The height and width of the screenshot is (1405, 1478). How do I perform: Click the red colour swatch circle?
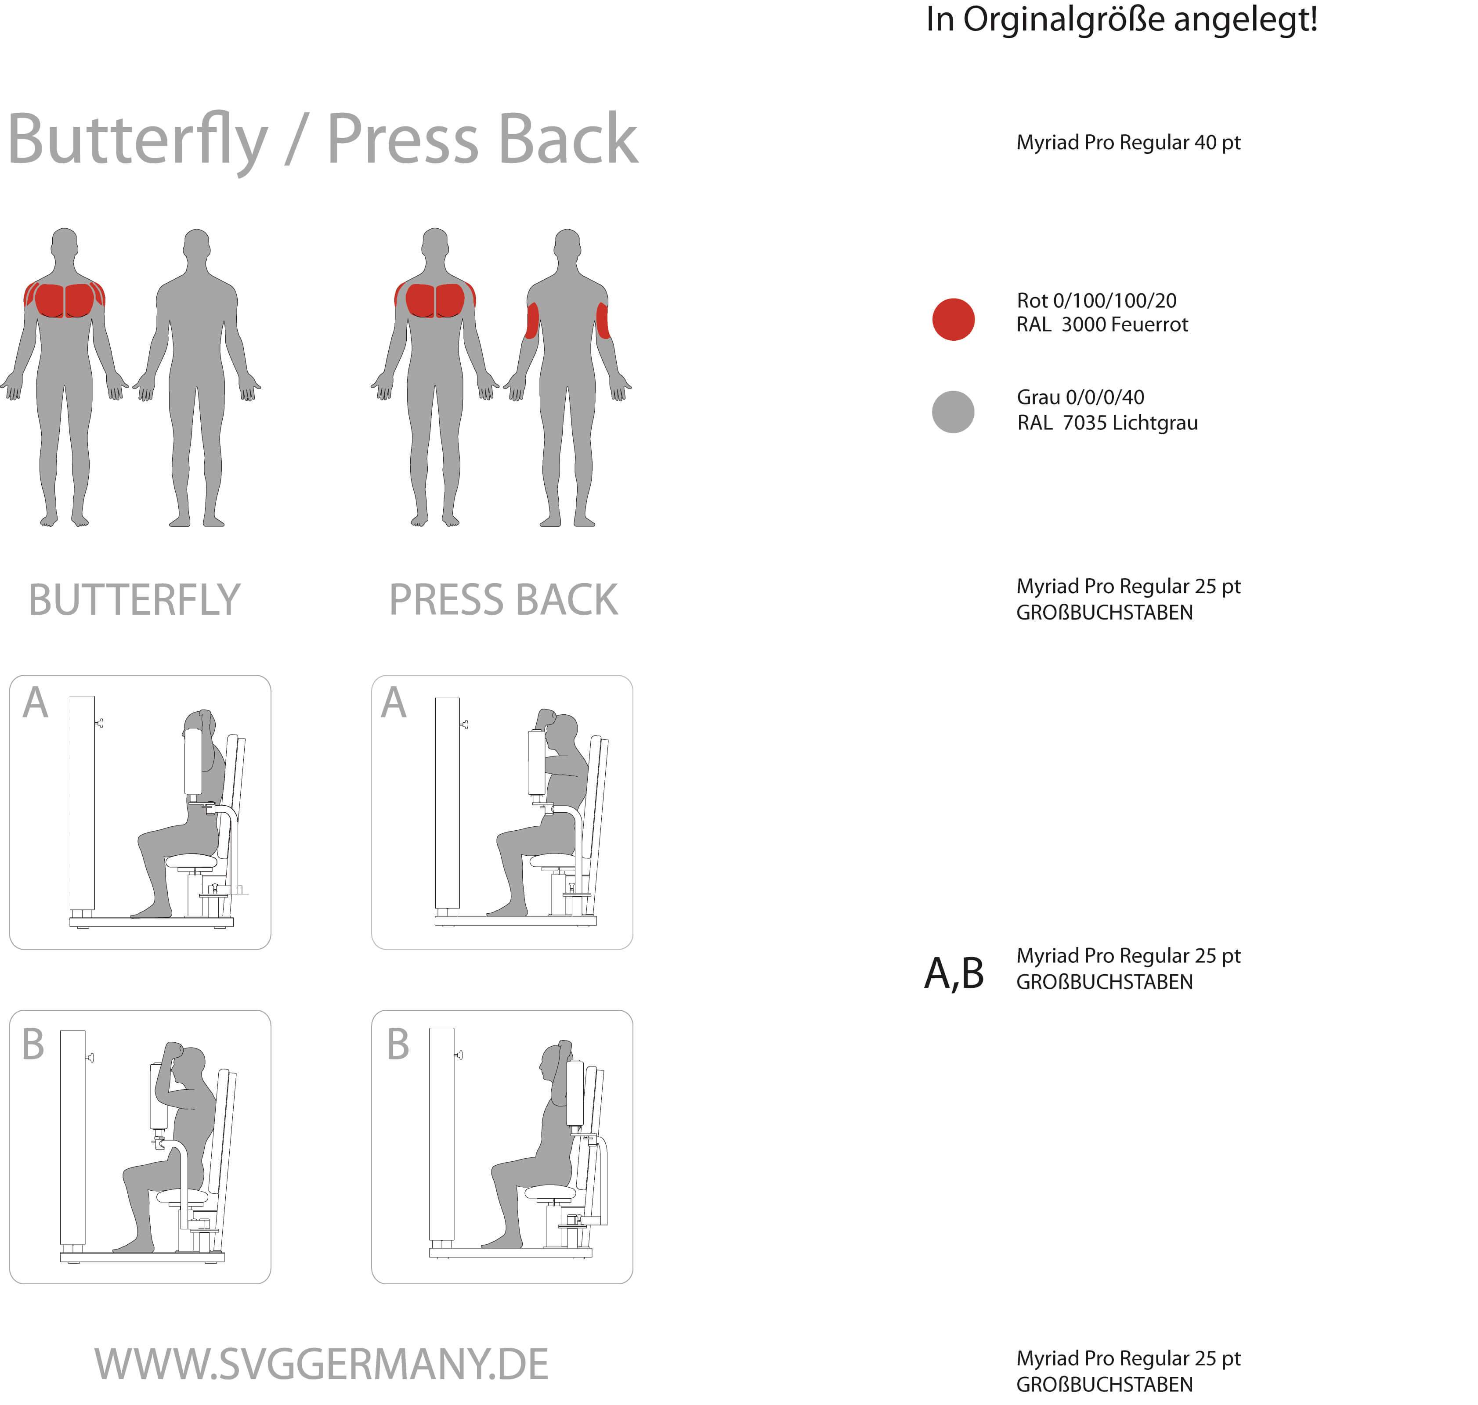click(953, 320)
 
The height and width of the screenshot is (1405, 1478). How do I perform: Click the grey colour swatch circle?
click(953, 412)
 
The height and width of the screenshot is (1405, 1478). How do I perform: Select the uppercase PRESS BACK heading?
click(502, 600)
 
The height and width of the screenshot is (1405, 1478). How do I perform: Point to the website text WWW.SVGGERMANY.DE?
click(321, 1365)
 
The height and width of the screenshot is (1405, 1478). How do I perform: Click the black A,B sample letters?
click(954, 973)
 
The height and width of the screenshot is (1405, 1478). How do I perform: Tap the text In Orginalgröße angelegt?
click(1121, 19)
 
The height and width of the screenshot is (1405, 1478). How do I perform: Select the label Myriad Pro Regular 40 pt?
click(1128, 142)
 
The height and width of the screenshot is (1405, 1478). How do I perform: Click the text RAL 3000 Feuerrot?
click(1102, 325)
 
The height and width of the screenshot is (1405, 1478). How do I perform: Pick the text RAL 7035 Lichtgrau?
click(1107, 423)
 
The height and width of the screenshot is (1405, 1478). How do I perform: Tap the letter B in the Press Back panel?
click(398, 1045)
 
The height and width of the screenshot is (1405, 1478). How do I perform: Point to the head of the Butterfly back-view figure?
click(196, 245)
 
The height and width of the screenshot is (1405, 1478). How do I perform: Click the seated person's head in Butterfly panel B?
click(191, 1063)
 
